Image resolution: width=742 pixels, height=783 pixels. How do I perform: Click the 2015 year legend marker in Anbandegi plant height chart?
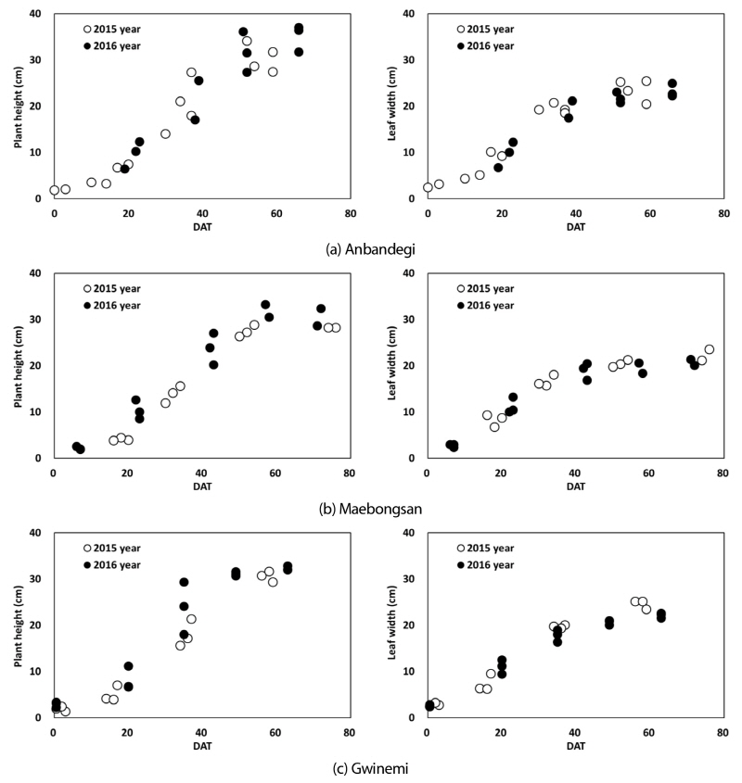pyautogui.click(x=88, y=29)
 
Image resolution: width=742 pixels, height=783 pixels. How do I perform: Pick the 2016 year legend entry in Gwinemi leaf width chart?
pyautogui.click(x=461, y=564)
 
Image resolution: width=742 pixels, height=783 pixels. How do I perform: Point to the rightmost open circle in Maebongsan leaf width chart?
pyautogui.click(x=710, y=349)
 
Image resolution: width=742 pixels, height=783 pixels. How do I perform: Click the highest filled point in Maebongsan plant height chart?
pyautogui.click(x=265, y=305)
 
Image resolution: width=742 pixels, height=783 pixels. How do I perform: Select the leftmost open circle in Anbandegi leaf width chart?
pyautogui.click(x=428, y=187)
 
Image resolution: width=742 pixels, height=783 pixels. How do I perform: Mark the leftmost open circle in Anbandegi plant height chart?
pyautogui.click(x=55, y=190)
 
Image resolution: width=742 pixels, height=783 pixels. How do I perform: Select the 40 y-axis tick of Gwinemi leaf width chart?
pyautogui.click(x=411, y=533)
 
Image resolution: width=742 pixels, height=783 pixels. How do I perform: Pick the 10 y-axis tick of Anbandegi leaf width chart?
pyautogui.click(x=411, y=152)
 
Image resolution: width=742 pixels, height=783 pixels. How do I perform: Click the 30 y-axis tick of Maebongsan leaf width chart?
pyautogui.click(x=411, y=319)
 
